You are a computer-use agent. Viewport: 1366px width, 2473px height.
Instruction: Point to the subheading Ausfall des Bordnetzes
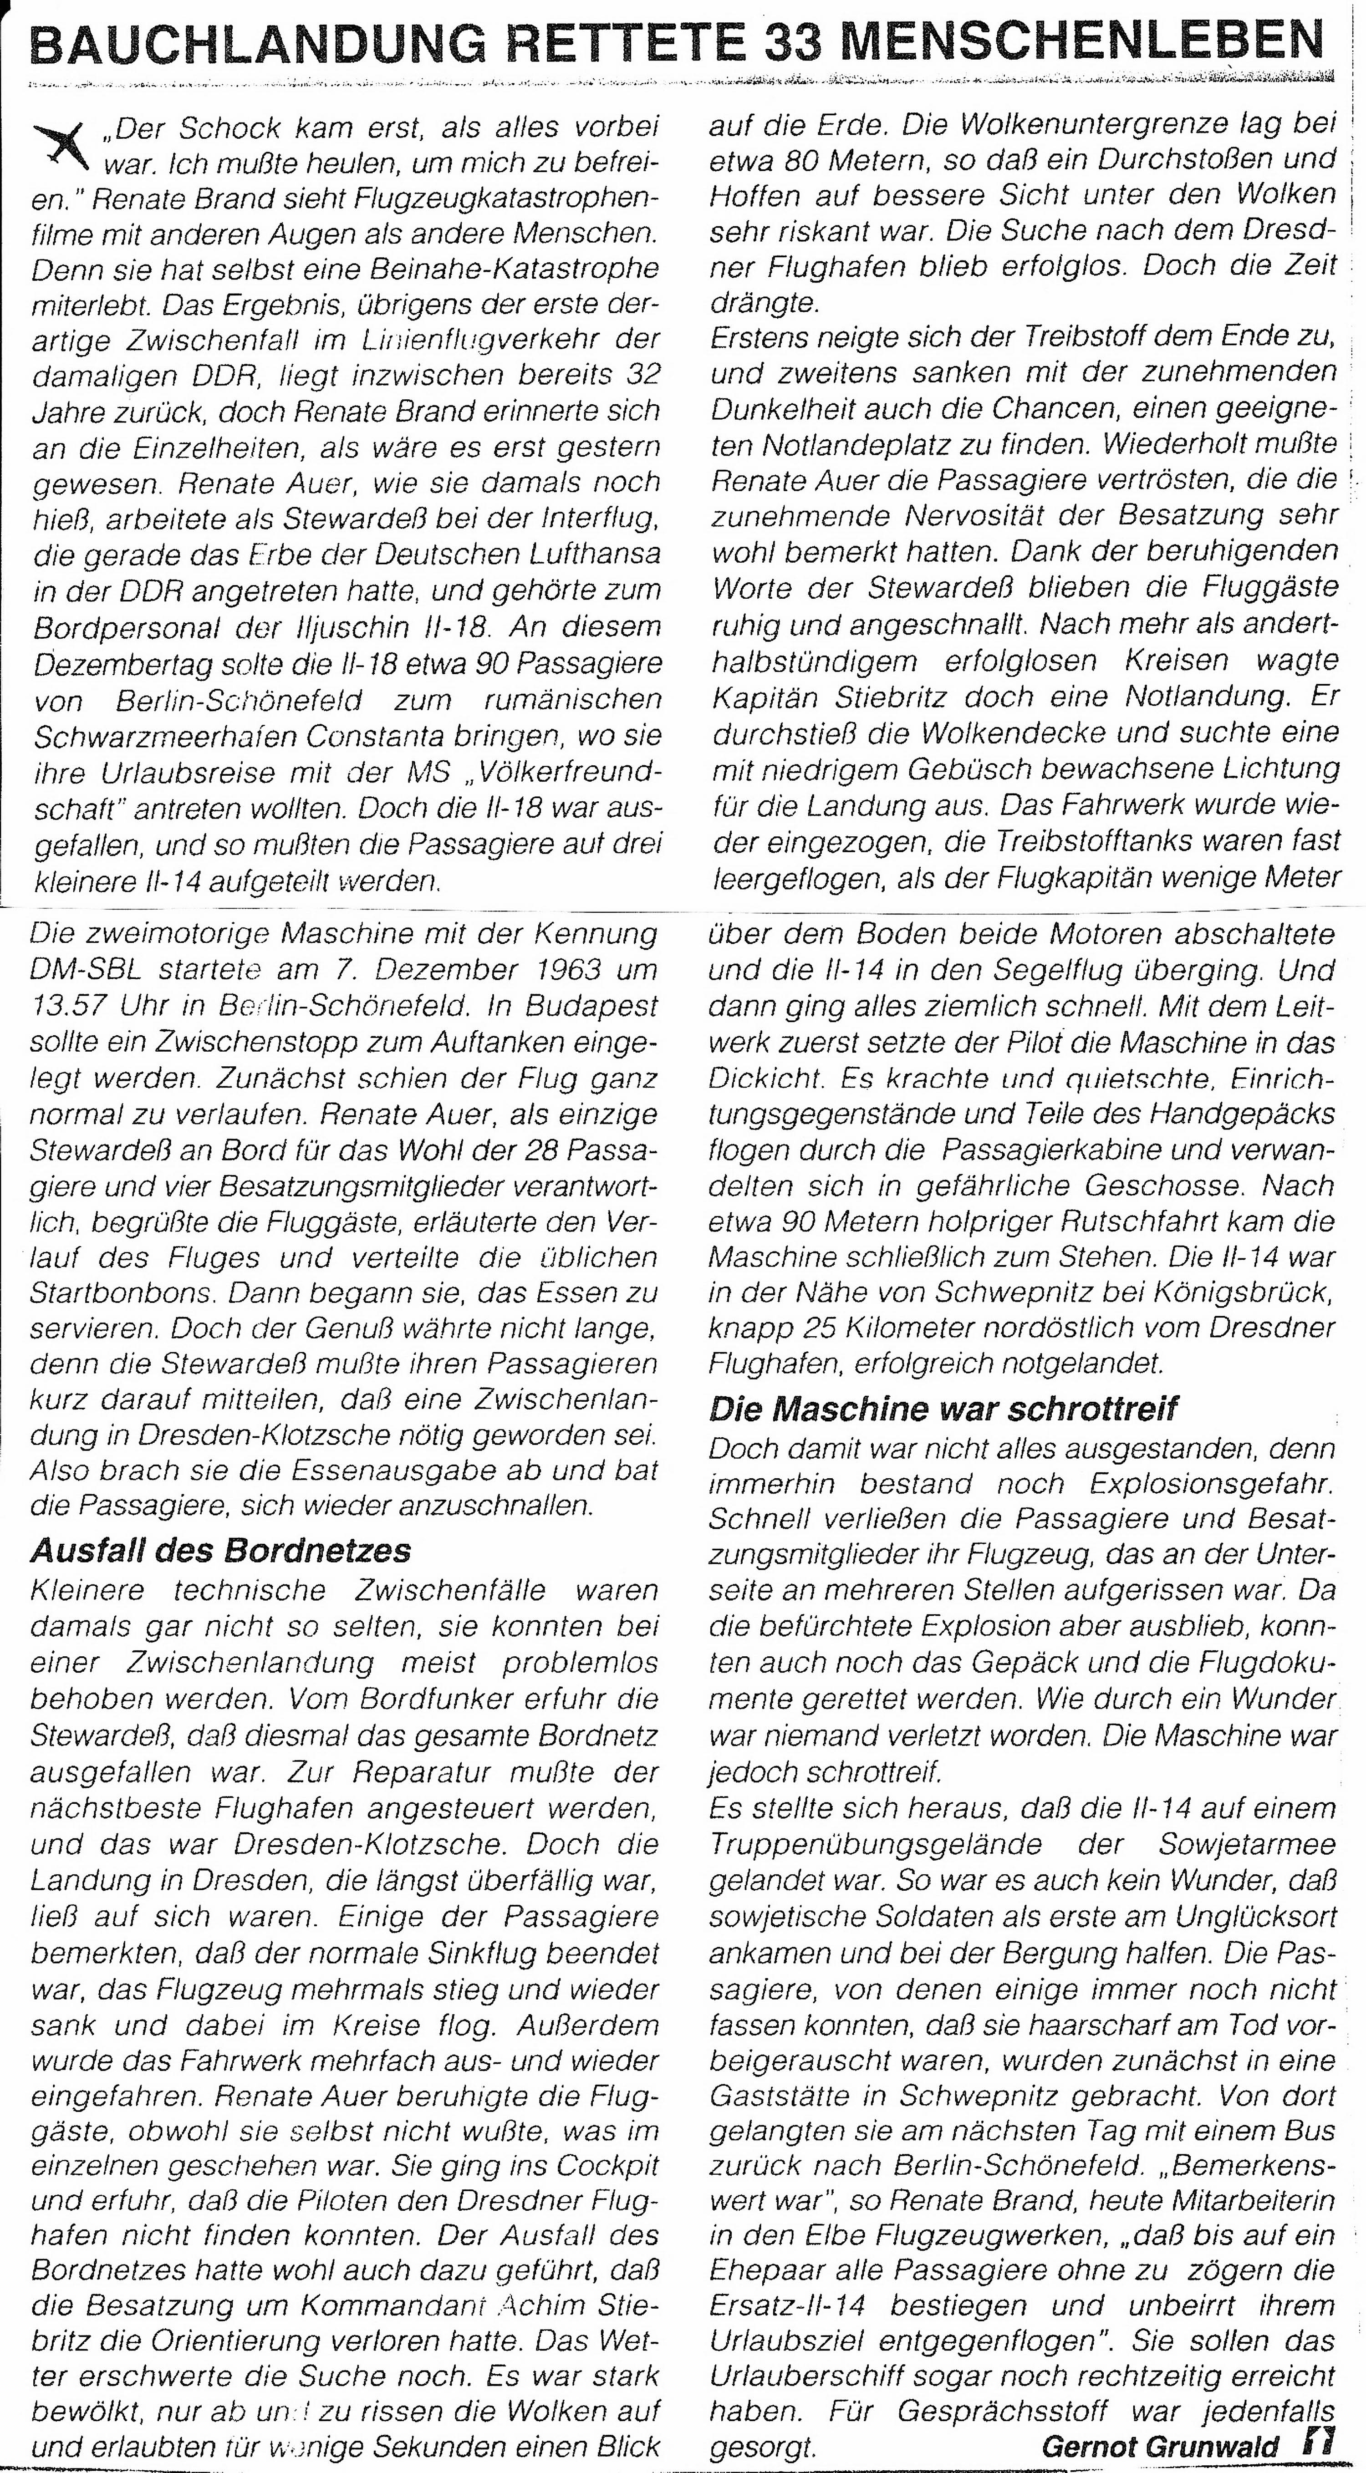(221, 1549)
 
